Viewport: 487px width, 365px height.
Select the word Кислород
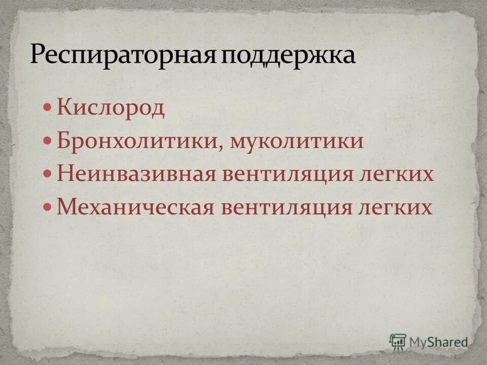tap(111, 108)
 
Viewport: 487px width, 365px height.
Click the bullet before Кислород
tap(48, 108)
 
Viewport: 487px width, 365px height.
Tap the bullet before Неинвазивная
tap(48, 174)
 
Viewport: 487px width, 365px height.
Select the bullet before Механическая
tap(48, 207)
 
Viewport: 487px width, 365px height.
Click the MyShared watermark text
tap(440, 341)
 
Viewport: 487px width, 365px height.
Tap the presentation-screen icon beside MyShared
tap(398, 341)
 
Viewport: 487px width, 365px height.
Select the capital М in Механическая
tap(64, 207)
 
